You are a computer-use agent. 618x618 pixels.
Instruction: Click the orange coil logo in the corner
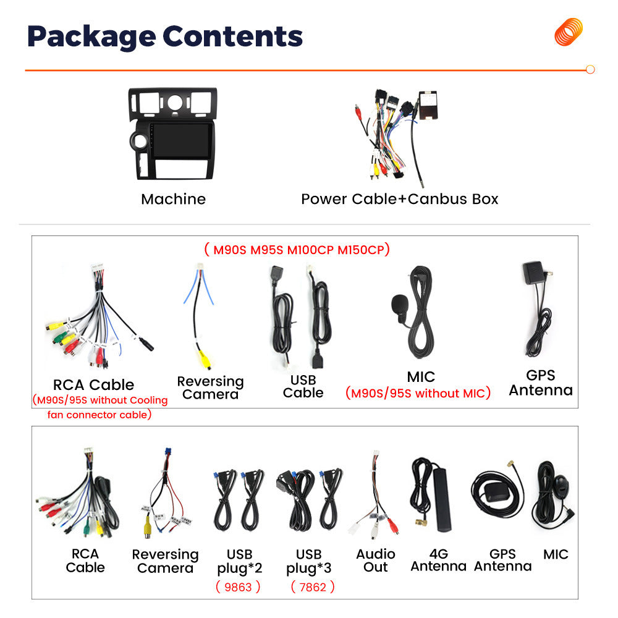coord(569,32)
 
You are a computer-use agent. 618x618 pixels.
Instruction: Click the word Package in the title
coord(91,37)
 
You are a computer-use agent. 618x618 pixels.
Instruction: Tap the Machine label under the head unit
coord(174,199)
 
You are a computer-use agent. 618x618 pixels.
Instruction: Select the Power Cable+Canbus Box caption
coord(400,199)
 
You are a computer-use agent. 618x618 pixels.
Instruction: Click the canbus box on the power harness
coord(428,105)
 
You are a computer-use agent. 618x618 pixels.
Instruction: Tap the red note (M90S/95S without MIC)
coord(418,393)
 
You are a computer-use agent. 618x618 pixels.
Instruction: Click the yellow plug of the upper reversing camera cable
coord(204,358)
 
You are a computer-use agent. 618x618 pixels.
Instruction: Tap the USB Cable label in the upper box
coord(303,386)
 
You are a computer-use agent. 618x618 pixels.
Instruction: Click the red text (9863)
coord(238,587)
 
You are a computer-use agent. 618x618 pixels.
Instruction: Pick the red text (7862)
coord(313,587)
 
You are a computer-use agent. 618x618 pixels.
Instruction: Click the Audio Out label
coord(376,561)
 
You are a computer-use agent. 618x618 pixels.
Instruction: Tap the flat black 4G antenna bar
coord(442,499)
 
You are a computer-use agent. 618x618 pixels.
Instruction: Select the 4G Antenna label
coord(439,560)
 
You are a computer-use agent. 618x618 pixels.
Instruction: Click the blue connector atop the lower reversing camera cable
coord(168,452)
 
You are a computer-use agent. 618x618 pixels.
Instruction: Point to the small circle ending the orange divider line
coord(590,69)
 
